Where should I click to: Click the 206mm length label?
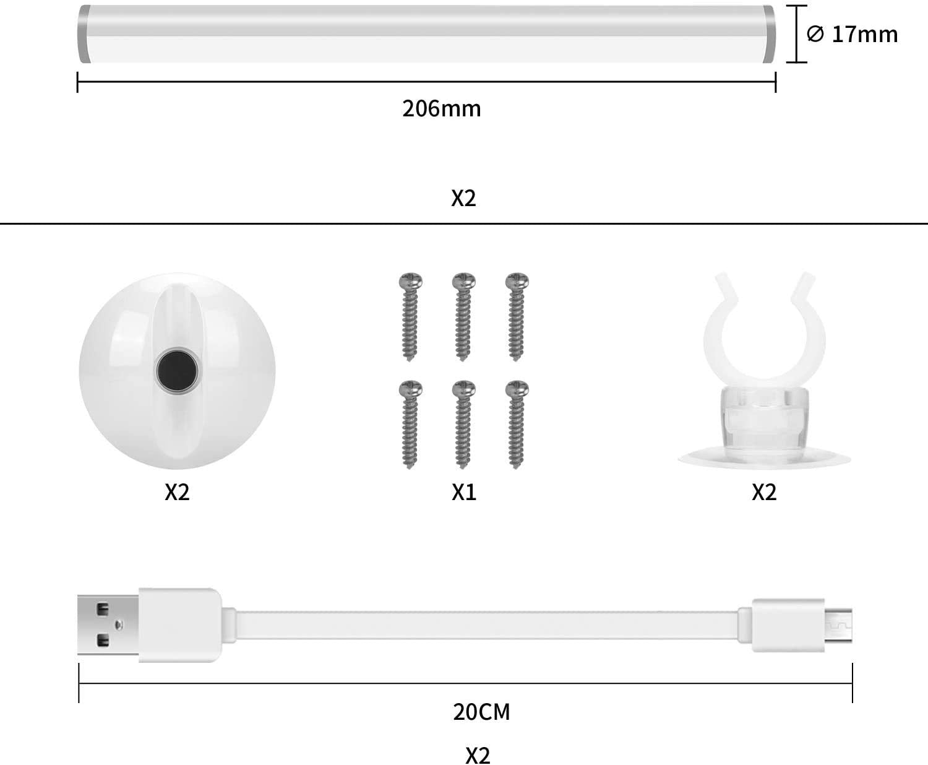[x=441, y=108]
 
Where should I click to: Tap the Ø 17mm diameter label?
[x=852, y=34]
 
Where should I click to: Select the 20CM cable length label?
[x=481, y=712]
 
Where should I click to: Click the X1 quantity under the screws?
[x=464, y=492]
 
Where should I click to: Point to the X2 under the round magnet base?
[x=177, y=492]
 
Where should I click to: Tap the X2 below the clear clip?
[x=764, y=492]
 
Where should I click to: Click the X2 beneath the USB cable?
[x=478, y=755]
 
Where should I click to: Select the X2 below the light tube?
[x=463, y=198]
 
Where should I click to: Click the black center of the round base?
[x=178, y=371]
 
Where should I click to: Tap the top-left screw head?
[x=411, y=281]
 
